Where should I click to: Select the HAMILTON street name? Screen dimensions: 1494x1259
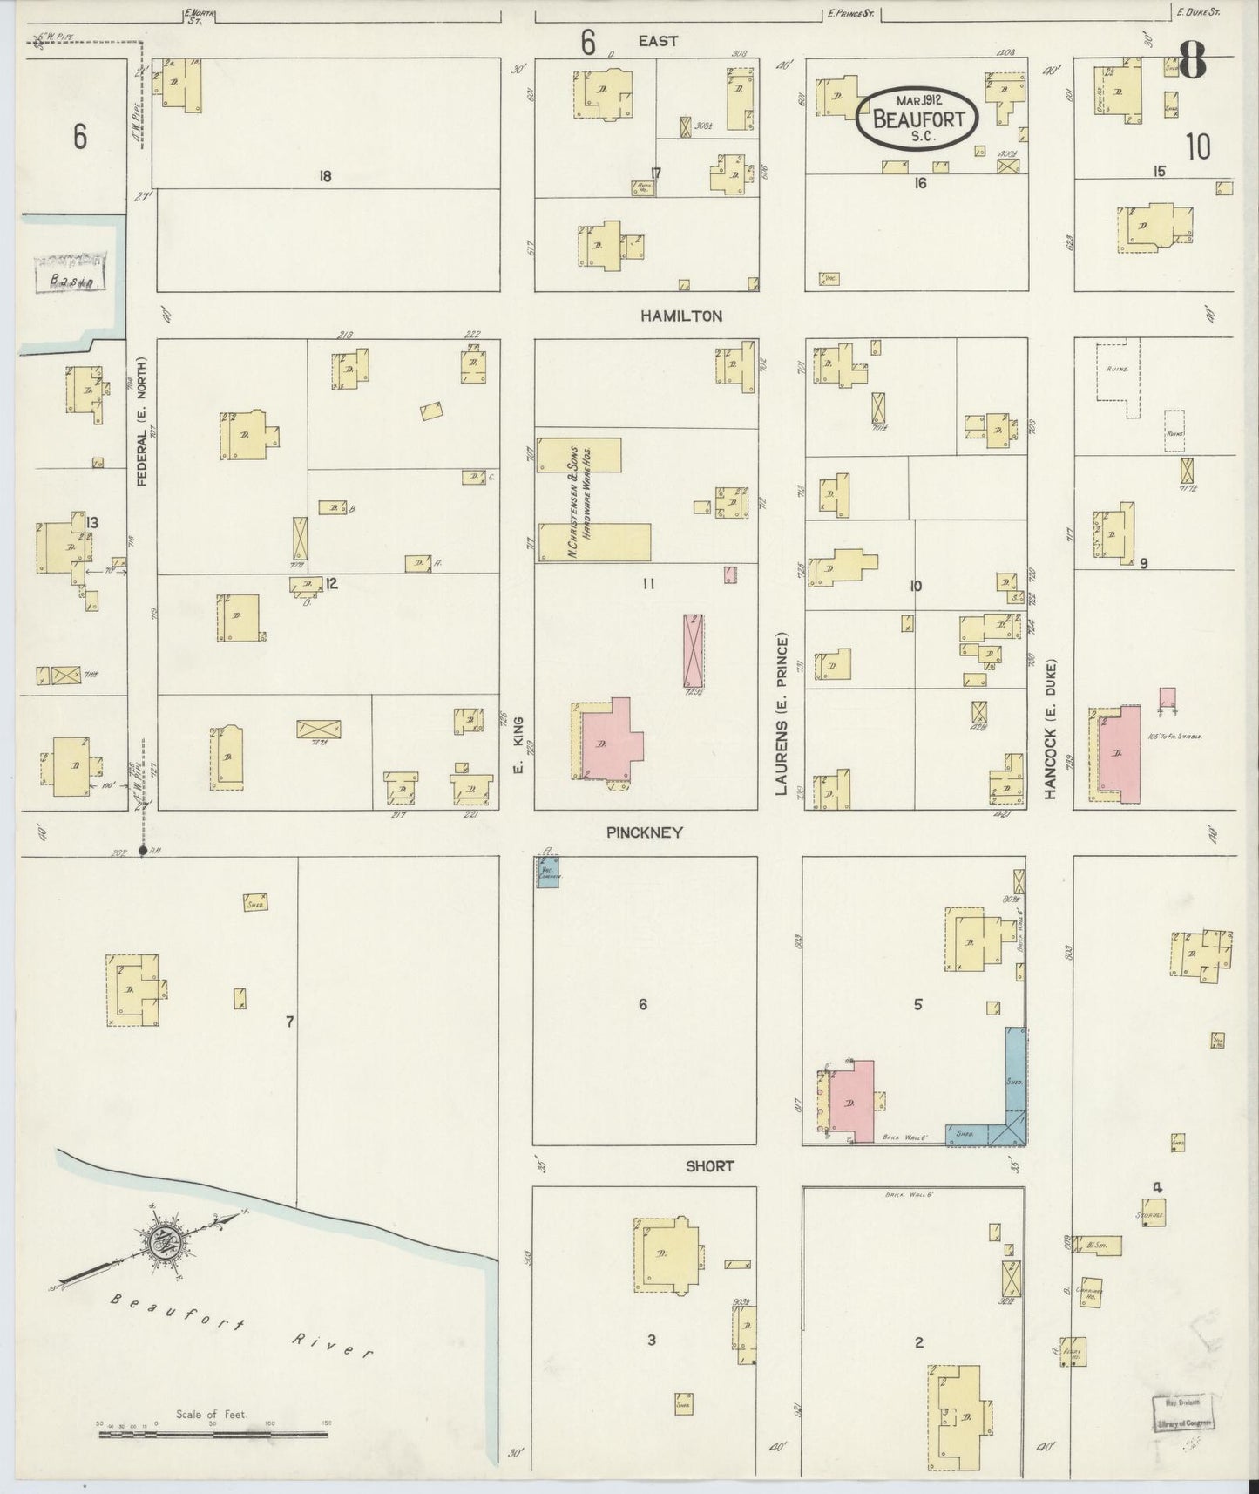[680, 316]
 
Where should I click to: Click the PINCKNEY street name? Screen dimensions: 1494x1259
[644, 832]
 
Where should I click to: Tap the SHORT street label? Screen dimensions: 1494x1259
[709, 1165]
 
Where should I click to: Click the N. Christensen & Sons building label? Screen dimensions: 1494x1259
[581, 497]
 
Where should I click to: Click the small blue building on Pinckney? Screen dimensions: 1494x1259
[547, 873]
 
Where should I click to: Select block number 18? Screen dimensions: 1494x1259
[325, 177]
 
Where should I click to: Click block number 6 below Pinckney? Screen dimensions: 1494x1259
[643, 1004]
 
